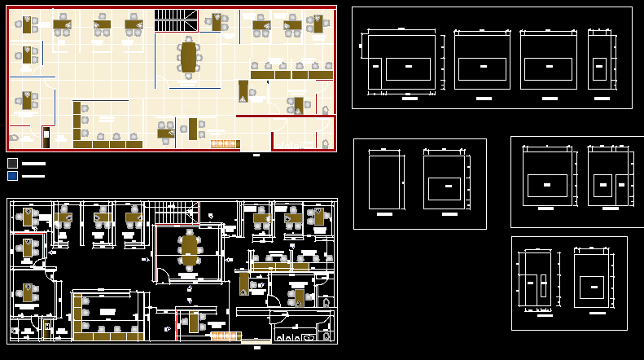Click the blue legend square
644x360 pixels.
12,175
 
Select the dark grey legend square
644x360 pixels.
12,163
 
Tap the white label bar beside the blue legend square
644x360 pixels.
33,176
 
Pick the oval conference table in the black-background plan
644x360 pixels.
190,251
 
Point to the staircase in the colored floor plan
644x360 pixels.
177,22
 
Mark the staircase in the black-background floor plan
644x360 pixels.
177,213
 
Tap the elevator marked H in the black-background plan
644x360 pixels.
47,329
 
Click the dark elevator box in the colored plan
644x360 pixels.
46,137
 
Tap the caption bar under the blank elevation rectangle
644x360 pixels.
385,213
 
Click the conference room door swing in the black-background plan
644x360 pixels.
163,274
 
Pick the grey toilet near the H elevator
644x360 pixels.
59,331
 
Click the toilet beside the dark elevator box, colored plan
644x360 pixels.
58,139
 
